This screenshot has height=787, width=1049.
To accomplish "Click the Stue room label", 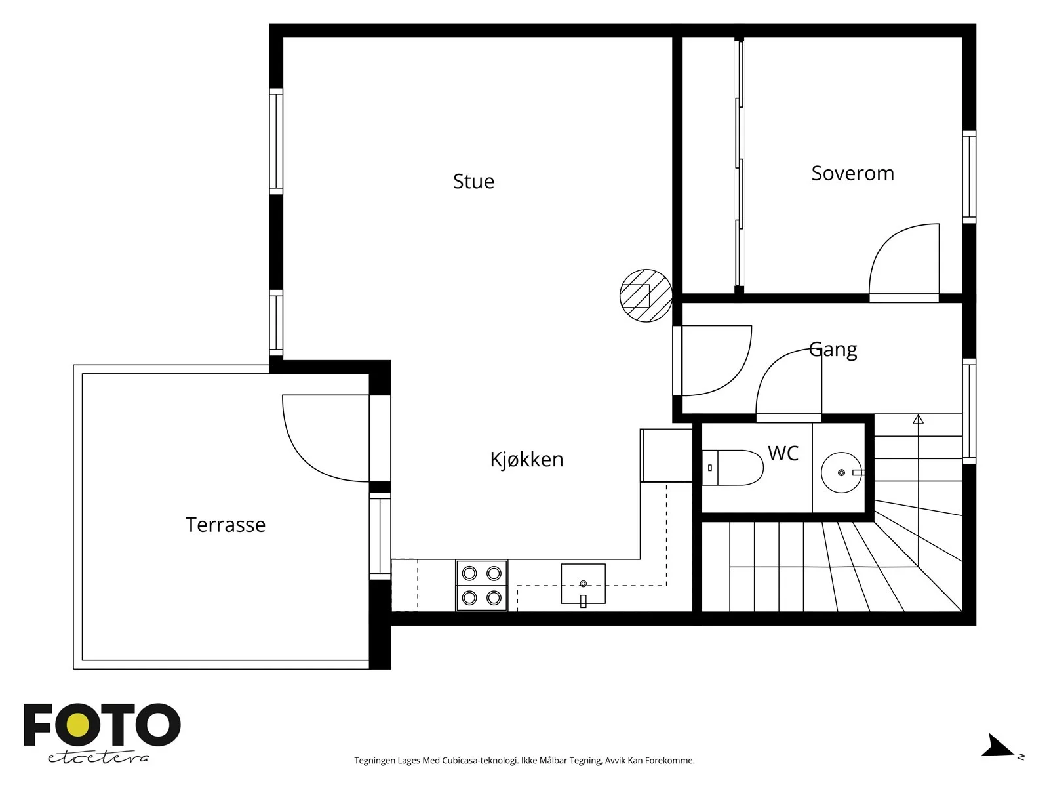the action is point(473,182).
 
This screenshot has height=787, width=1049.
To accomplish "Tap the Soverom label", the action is point(852,173).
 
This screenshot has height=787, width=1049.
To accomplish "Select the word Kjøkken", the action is point(526,459).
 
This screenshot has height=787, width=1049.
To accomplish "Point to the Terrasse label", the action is point(225,525).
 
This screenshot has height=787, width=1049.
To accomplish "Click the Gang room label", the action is point(833,350).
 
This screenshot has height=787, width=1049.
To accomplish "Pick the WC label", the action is point(783,453).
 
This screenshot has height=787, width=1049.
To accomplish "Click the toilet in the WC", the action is point(732,468).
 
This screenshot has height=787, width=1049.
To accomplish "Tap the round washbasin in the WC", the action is point(842,472).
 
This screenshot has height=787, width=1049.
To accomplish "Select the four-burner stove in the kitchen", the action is point(481,586).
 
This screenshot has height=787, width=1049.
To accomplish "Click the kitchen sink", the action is point(583,584).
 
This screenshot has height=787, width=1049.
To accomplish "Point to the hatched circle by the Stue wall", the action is point(646,295).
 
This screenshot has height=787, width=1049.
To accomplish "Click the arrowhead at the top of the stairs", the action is point(918,419).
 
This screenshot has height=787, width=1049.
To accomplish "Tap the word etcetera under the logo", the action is point(98,758).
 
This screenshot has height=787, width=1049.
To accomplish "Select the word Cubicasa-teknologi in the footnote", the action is point(481,760).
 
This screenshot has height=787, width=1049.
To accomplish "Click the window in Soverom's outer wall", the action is point(969,176).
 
